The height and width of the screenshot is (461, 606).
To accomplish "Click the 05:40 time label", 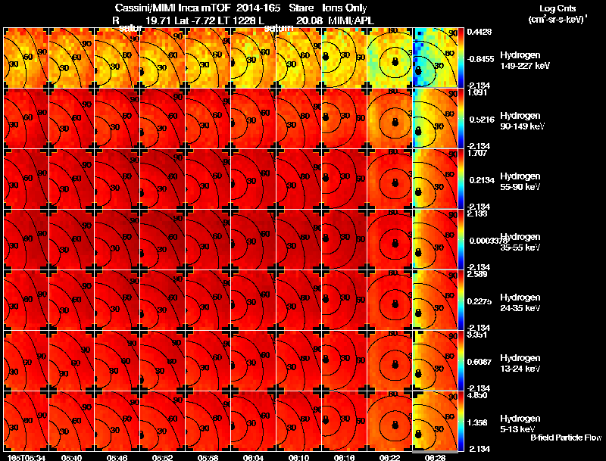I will click(x=71, y=457).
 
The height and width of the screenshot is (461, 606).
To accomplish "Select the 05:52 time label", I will click(x=162, y=457).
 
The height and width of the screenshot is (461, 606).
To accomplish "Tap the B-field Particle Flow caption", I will click(x=565, y=438).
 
